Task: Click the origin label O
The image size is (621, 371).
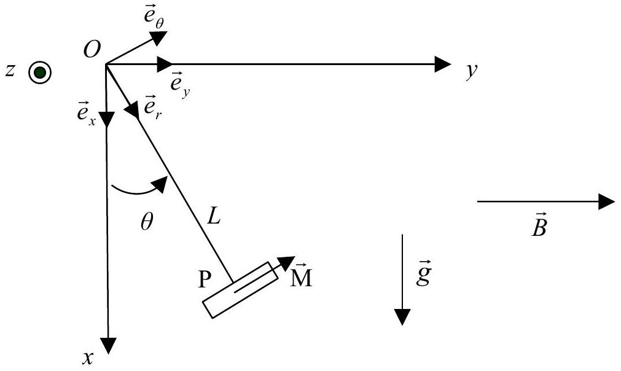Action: [x=92, y=50]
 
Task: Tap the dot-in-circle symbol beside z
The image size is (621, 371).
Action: [x=39, y=73]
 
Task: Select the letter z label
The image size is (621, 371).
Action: [x=10, y=71]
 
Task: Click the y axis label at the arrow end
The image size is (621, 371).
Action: [x=471, y=71]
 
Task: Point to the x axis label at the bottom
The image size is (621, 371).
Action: [x=88, y=358]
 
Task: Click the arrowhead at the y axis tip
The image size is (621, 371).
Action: [x=443, y=64]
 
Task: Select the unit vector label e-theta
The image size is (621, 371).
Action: [x=154, y=18]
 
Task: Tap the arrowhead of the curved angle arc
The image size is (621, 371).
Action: [x=161, y=184]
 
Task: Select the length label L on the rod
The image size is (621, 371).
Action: [x=214, y=217]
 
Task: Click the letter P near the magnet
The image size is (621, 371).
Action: [x=205, y=279]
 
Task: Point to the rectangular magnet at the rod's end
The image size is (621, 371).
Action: [x=240, y=289]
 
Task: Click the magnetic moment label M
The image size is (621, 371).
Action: [x=301, y=276]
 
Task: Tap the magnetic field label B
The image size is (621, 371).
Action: [x=539, y=225]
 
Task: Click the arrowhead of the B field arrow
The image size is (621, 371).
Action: [x=606, y=202]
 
